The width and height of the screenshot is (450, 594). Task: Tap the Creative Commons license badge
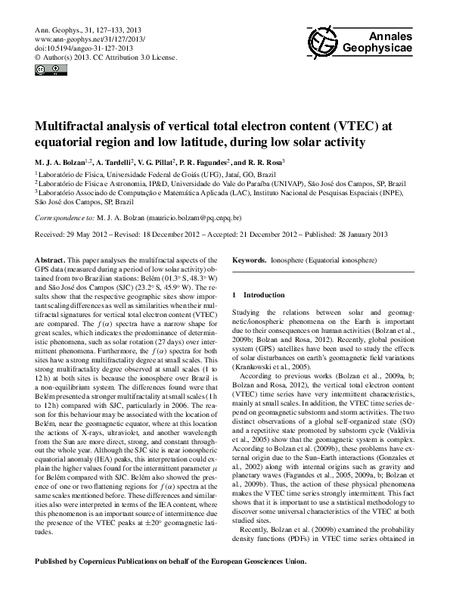pyautogui.click(x=46, y=71)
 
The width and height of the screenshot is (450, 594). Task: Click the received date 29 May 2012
pyautogui.click(x=91, y=234)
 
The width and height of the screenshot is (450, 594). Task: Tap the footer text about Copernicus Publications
pyautogui.click(x=171, y=561)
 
